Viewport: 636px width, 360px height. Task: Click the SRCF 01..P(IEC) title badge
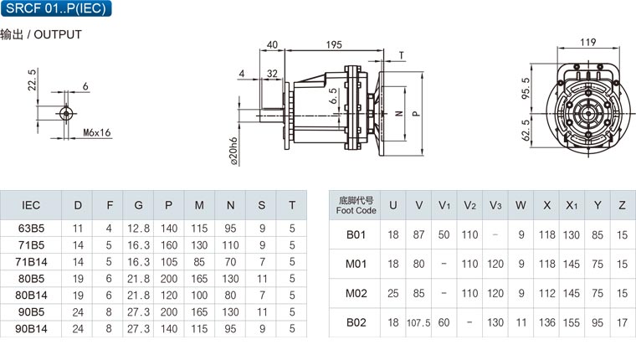pyautogui.click(x=56, y=8)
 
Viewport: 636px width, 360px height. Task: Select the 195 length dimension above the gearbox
pyautogui.click(x=334, y=44)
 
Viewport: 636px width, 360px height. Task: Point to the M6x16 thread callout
pyautogui.click(x=96, y=133)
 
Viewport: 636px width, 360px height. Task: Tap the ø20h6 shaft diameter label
pyautogui.click(x=233, y=152)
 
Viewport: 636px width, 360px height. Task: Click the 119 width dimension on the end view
pyautogui.click(x=587, y=42)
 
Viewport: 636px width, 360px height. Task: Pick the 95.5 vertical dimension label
pyautogui.click(x=526, y=89)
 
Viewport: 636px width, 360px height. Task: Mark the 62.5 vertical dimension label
pyautogui.click(x=526, y=130)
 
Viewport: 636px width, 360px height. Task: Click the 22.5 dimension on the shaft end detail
pyautogui.click(x=32, y=80)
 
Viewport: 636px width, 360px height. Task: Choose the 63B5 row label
pyautogui.click(x=31, y=229)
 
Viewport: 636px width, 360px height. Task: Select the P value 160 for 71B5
pyautogui.click(x=169, y=245)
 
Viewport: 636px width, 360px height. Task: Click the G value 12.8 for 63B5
pyautogui.click(x=138, y=229)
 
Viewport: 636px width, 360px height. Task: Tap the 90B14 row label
pyautogui.click(x=31, y=329)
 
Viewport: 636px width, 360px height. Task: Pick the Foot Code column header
pyautogui.click(x=356, y=205)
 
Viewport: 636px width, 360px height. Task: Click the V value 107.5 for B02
pyautogui.click(x=418, y=322)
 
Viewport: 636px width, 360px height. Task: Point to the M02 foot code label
pyautogui.click(x=356, y=293)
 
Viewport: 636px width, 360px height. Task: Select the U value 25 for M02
pyautogui.click(x=393, y=293)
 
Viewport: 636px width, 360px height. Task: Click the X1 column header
pyautogui.click(x=572, y=205)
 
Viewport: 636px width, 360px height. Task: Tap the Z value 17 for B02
pyautogui.click(x=623, y=322)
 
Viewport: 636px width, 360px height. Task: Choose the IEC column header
pyautogui.click(x=31, y=205)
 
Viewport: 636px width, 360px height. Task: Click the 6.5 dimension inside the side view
pyautogui.click(x=333, y=96)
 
